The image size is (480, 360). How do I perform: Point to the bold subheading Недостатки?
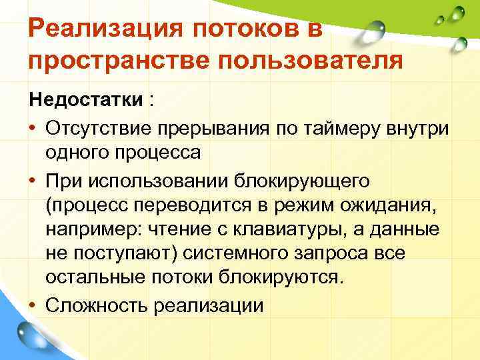pyautogui.click(x=86, y=100)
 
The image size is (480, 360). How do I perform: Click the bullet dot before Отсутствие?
pyautogui.click(x=33, y=127)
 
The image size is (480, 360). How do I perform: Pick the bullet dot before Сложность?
pyautogui.click(x=33, y=306)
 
